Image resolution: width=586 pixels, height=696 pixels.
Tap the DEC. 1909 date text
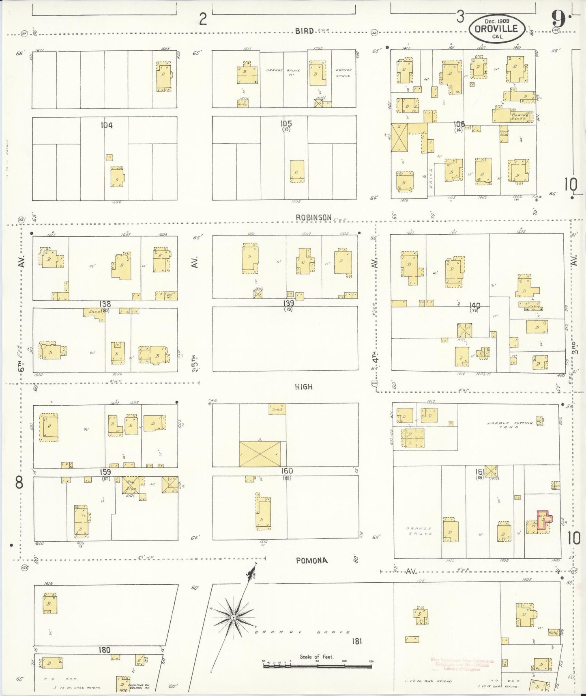[x=498, y=20]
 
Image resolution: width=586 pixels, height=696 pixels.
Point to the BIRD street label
[x=304, y=31]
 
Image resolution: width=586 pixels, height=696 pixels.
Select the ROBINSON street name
[x=313, y=218]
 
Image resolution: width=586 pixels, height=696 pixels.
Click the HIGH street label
[x=304, y=387]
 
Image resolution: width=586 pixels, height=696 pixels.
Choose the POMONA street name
[x=311, y=561]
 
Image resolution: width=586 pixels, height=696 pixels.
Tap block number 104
[x=107, y=125]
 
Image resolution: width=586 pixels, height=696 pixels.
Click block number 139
[x=289, y=303]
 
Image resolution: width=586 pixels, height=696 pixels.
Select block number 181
[x=357, y=641]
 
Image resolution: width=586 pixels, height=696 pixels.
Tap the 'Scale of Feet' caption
[x=316, y=657]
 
